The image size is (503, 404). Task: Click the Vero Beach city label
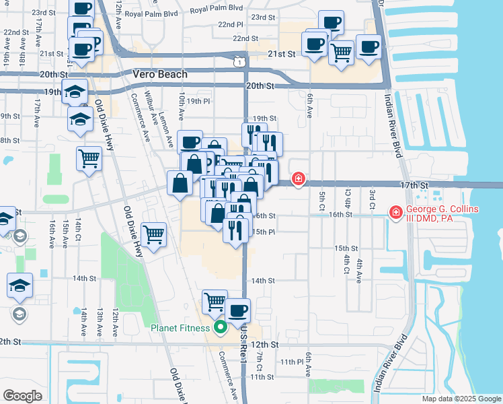160,74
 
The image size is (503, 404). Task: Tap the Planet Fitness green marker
219,329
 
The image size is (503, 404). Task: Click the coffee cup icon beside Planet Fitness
237,310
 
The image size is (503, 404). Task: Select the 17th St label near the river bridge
414,184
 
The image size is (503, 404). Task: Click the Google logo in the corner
22,396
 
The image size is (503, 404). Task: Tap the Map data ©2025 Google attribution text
461,399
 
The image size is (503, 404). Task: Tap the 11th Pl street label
293,362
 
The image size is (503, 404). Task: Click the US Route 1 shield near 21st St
239,62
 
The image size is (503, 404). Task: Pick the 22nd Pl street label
230,24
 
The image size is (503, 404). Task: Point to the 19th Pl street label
199,101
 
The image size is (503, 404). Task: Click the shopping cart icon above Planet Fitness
215,302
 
